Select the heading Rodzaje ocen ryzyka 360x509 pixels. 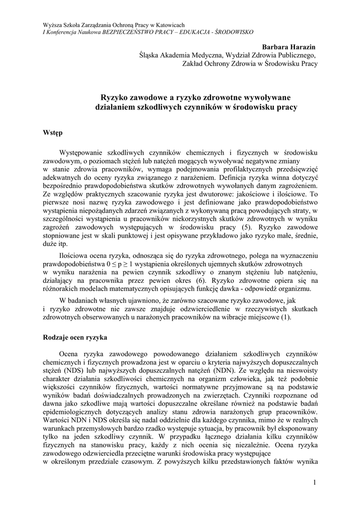75,337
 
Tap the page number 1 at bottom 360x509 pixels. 315,482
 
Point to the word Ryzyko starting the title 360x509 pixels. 115,97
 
